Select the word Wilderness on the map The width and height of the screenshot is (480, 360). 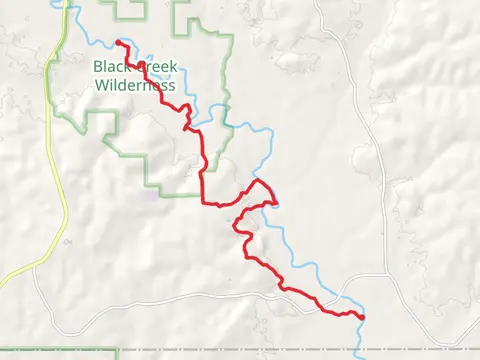tap(135, 85)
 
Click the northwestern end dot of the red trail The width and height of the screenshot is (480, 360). tap(119, 42)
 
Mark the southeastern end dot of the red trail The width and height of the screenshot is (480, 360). tap(361, 317)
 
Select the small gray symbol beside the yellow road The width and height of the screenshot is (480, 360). tap(66, 241)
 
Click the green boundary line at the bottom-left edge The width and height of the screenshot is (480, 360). tap(60, 351)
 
